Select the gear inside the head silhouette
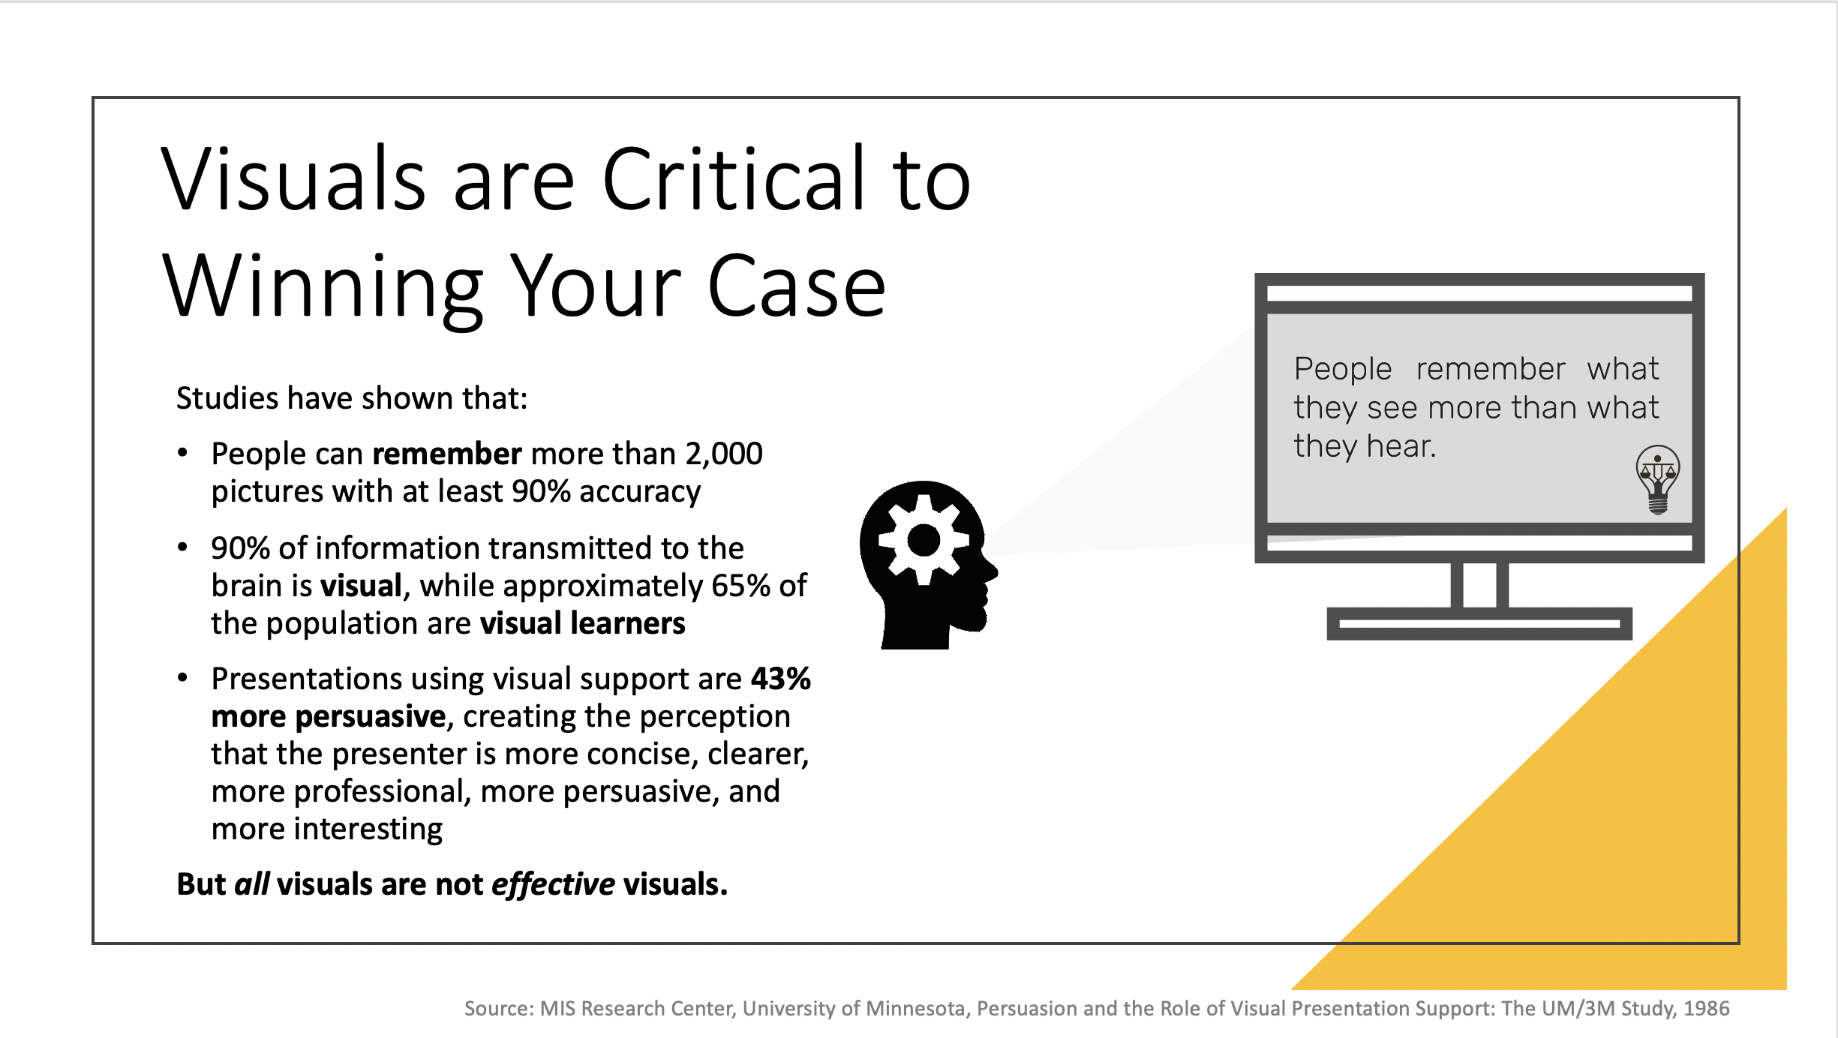tap(924, 539)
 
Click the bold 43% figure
tap(781, 679)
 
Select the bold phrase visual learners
tap(583, 623)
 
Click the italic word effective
tap(553, 885)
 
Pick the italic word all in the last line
tap(251, 884)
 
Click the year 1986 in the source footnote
tap(1707, 1009)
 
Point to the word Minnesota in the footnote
tap(915, 1009)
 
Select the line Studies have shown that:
tap(352, 398)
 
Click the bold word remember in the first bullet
tap(447, 454)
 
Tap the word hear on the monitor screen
tap(1401, 446)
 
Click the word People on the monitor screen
tap(1343, 369)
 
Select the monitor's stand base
tap(1479, 623)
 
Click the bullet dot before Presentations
tap(182, 678)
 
